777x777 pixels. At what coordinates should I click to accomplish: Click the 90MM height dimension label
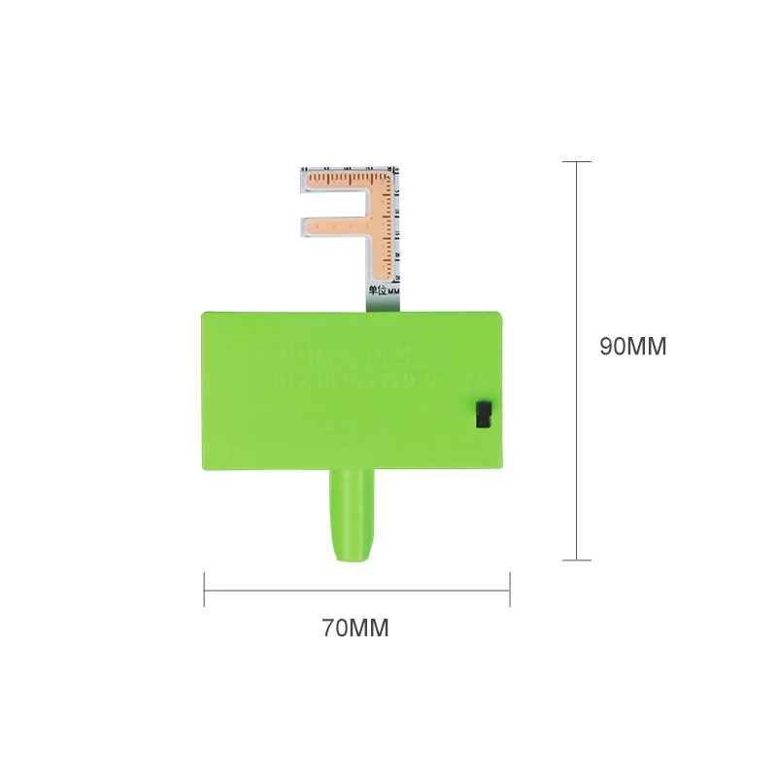pyautogui.click(x=632, y=347)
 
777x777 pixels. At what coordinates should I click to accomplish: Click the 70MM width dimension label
pyautogui.click(x=355, y=628)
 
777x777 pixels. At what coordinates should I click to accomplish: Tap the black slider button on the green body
pyautogui.click(x=483, y=413)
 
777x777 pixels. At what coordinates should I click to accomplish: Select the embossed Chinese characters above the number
pyautogui.click(x=354, y=350)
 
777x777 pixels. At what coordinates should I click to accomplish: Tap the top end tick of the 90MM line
pyautogui.click(x=577, y=161)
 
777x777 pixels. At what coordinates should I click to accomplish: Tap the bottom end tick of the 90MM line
pyautogui.click(x=577, y=559)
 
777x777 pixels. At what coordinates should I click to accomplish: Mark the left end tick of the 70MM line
pyautogui.click(x=204, y=590)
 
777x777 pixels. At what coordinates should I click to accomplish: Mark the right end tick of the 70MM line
pyautogui.click(x=510, y=590)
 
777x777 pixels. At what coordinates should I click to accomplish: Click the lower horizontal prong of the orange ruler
pyautogui.click(x=340, y=226)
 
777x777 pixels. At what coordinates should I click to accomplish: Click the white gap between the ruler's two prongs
pyautogui.click(x=335, y=203)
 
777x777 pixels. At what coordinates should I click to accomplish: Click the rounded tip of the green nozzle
pyautogui.click(x=351, y=557)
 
